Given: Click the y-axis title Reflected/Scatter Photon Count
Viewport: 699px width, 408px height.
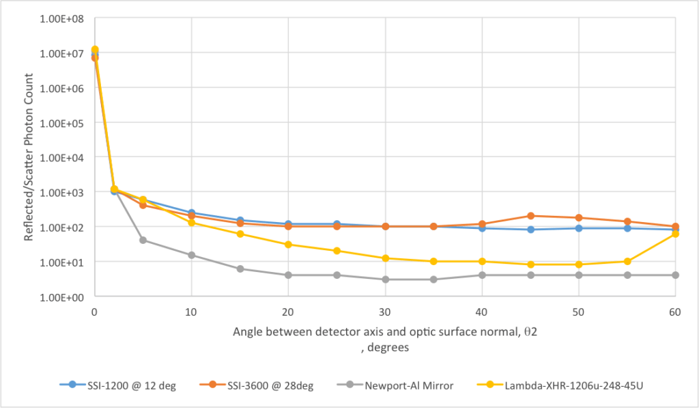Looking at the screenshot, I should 30,157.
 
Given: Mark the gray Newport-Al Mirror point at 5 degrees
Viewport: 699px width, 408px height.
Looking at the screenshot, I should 143,240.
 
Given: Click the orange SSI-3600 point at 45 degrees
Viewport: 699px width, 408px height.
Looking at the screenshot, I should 530,216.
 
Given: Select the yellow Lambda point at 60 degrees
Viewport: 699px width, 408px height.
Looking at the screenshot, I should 675,234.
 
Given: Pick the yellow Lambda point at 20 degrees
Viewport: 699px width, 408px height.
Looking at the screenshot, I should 288,245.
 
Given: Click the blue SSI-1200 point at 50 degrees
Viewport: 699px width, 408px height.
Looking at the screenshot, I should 579,228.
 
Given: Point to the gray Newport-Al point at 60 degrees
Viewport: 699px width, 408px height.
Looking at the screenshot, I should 675,275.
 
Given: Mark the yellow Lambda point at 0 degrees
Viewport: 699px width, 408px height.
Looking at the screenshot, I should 95,49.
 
